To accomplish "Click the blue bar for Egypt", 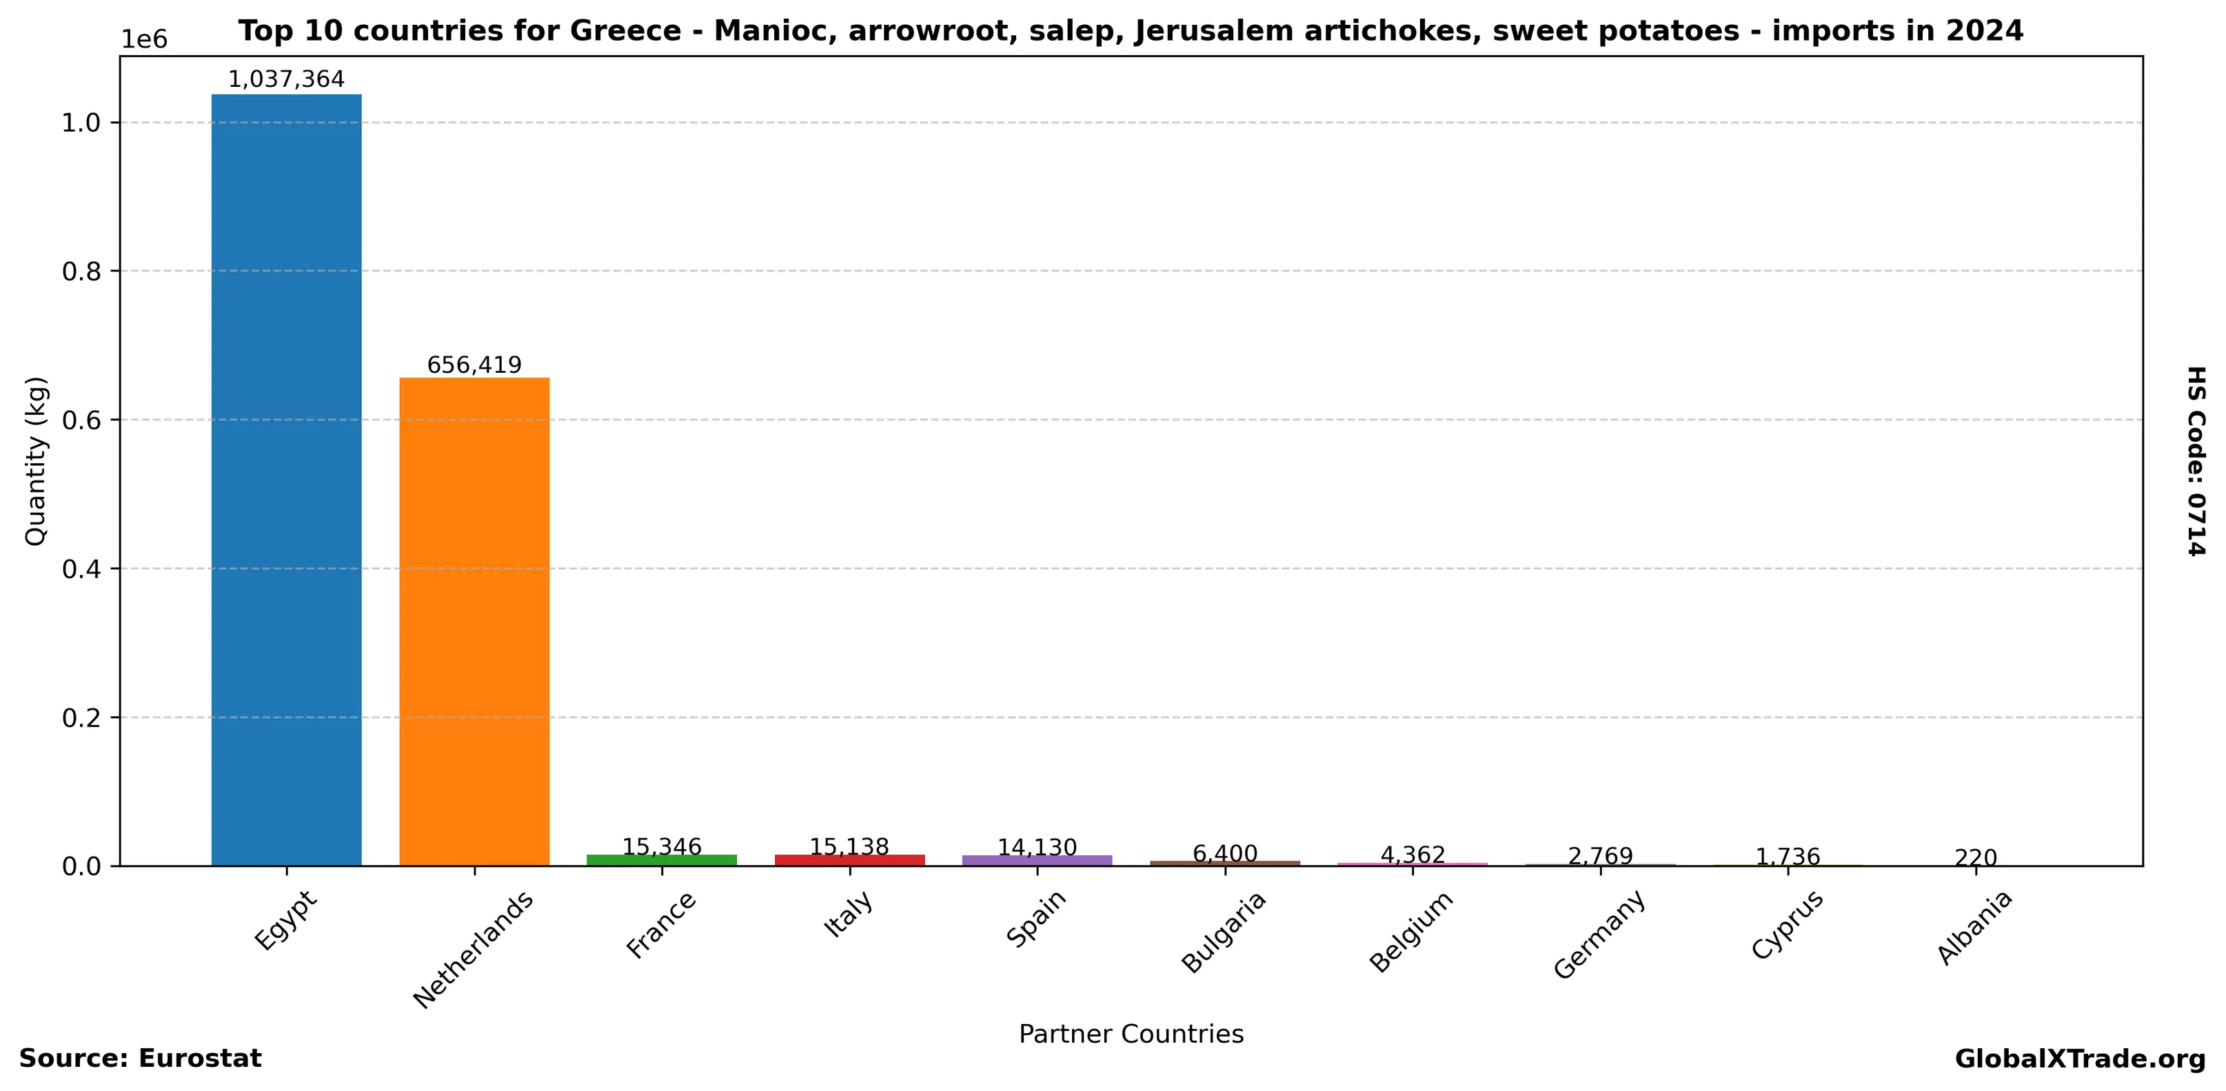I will (x=286, y=480).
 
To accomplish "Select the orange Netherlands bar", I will (x=474, y=621).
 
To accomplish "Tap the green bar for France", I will (x=661, y=860).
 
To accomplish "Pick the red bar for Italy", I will (x=849, y=860).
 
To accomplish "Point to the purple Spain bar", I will (x=1037, y=860).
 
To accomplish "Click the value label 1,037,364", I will (x=286, y=79).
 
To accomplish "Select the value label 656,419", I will (x=474, y=365).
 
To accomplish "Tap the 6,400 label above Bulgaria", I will (x=1224, y=853).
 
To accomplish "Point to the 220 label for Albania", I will (x=1975, y=858).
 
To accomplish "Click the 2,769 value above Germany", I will (x=1600, y=856).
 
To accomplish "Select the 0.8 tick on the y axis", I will (x=82, y=272).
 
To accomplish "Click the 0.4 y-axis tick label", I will (x=82, y=569).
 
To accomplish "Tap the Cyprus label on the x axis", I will (x=1787, y=925).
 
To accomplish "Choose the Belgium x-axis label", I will (x=1411, y=931).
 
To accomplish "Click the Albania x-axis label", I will (x=1974, y=928).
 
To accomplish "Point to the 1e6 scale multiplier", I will (x=143, y=40).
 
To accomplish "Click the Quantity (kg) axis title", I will (x=35, y=460).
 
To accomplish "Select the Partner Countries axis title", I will (x=1131, y=1034).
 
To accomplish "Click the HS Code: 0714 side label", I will (x=2196, y=460).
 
